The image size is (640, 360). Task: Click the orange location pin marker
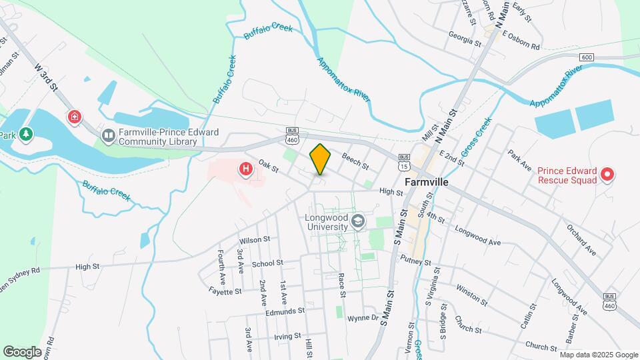click(x=320, y=159)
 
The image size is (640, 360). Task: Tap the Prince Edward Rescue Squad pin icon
click(x=607, y=175)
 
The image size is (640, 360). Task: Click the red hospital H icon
click(x=246, y=170)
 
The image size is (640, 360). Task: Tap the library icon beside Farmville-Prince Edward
click(x=108, y=136)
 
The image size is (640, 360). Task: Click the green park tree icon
click(x=26, y=135)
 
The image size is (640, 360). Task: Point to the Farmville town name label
click(x=429, y=181)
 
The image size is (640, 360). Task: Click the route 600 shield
click(x=586, y=57)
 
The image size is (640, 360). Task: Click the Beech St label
click(x=355, y=160)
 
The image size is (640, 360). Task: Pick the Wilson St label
click(x=254, y=239)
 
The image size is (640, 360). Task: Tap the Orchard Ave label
click(x=581, y=242)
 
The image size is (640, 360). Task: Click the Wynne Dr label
click(x=363, y=319)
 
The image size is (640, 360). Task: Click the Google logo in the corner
click(x=22, y=351)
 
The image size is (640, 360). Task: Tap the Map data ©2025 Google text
click(x=598, y=355)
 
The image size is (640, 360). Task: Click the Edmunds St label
click(x=284, y=311)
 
